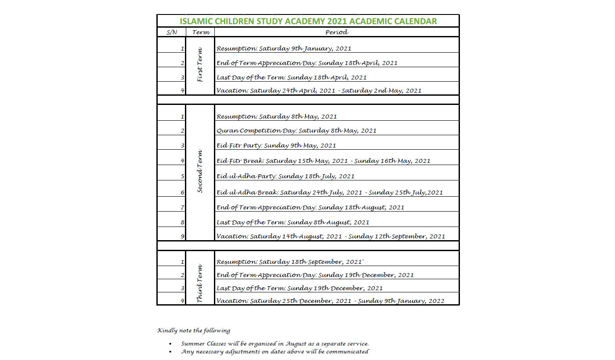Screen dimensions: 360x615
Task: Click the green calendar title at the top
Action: click(308, 21)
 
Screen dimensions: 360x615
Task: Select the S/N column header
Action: click(171, 32)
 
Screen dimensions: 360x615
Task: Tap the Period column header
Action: click(336, 32)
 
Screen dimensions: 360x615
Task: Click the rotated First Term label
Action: click(200, 65)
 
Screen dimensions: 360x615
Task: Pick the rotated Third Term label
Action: click(200, 283)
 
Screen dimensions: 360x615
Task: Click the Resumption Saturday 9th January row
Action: click(284, 49)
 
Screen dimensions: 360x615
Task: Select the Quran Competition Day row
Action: click(297, 130)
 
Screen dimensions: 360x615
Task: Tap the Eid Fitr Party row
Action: click(276, 145)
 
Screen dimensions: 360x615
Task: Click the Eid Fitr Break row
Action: click(323, 161)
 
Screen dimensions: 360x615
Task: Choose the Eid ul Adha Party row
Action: click(286, 176)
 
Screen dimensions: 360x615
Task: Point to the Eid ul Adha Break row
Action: click(329, 192)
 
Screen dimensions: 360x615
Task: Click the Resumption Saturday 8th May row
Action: click(277, 117)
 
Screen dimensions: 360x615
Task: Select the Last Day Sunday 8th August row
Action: click(293, 222)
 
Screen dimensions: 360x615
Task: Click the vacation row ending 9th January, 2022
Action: click(330, 301)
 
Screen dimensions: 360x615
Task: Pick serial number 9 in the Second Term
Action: click(182, 237)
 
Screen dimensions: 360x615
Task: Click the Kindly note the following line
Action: click(193, 331)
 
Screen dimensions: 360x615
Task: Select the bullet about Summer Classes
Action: click(275, 343)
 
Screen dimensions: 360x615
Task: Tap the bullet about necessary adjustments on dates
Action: click(275, 352)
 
